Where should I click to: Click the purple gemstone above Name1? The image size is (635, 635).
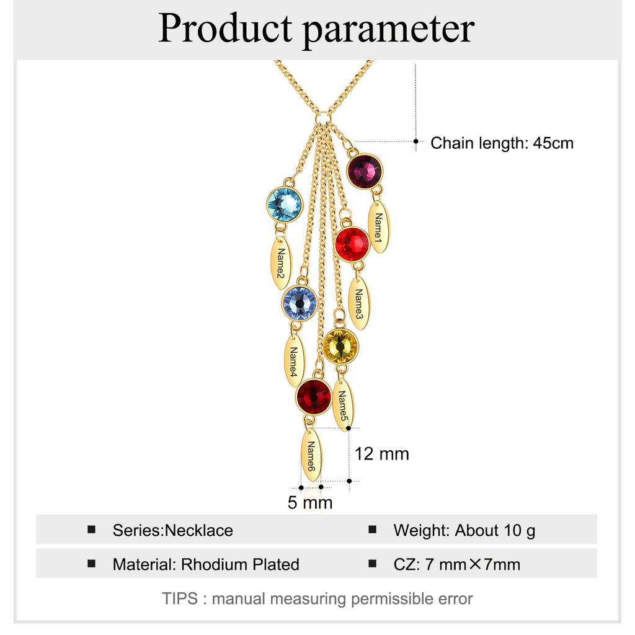coord(365,171)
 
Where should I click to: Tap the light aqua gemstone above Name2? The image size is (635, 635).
coord(285,204)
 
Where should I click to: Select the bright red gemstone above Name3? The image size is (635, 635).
coord(352,244)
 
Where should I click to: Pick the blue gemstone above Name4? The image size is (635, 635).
coord(300,303)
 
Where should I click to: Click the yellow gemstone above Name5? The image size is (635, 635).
coord(340,346)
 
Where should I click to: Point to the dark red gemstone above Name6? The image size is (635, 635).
coord(314,396)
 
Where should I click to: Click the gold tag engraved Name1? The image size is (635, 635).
coord(379,227)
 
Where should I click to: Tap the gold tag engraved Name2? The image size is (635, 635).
coord(281,263)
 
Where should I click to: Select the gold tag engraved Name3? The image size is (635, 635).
coord(359,303)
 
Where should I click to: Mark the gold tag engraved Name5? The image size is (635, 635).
coord(343,405)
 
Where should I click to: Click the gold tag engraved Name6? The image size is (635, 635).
coord(311,456)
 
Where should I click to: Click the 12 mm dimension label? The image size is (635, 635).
coord(382,454)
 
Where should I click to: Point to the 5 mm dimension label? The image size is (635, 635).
coord(310,502)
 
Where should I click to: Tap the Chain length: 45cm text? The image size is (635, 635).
coord(502,143)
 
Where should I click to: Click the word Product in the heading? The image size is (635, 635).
coord(225,28)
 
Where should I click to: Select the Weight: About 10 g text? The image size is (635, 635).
coord(464,530)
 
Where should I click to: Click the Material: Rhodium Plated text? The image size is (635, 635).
coord(206,564)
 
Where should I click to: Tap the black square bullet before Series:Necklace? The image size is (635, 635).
coord(92,530)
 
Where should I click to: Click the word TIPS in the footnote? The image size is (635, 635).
coord(180,598)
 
